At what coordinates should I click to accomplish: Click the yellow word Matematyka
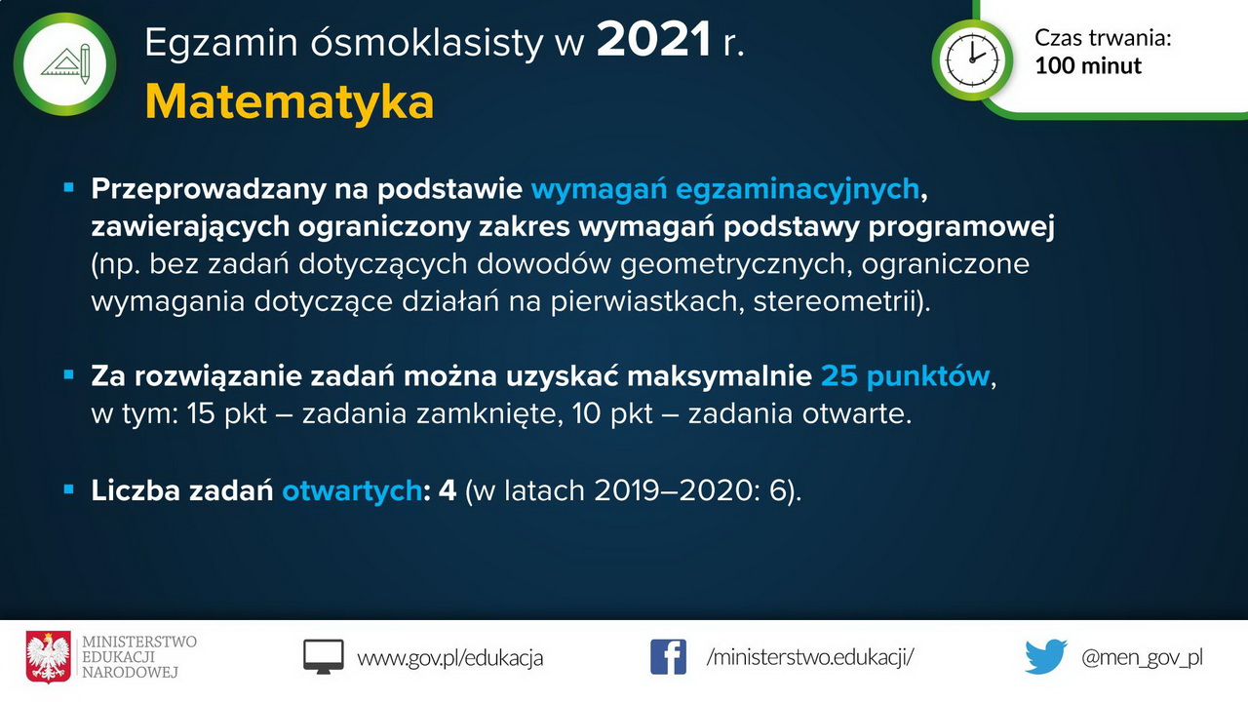(x=290, y=103)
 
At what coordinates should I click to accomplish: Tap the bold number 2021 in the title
(x=654, y=40)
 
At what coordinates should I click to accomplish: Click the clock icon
(x=972, y=60)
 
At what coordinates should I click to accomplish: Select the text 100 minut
(x=1088, y=65)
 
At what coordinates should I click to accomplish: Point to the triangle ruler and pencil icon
(x=65, y=64)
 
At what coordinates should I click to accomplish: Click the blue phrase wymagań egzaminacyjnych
(x=724, y=189)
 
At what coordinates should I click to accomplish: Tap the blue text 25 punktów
(x=906, y=376)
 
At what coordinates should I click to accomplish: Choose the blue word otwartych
(x=352, y=490)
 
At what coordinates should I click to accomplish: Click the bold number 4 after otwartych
(x=448, y=490)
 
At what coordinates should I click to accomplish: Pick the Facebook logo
(x=668, y=657)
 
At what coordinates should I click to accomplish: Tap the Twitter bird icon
(x=1046, y=657)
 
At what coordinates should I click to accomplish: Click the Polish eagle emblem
(x=49, y=657)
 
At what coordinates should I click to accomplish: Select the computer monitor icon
(x=323, y=657)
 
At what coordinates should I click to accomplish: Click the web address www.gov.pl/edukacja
(x=450, y=658)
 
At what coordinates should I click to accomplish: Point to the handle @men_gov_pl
(x=1142, y=658)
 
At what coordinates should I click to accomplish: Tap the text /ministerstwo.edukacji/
(x=810, y=658)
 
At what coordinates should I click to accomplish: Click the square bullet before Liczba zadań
(x=69, y=489)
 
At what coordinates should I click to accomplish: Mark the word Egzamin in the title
(x=221, y=42)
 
